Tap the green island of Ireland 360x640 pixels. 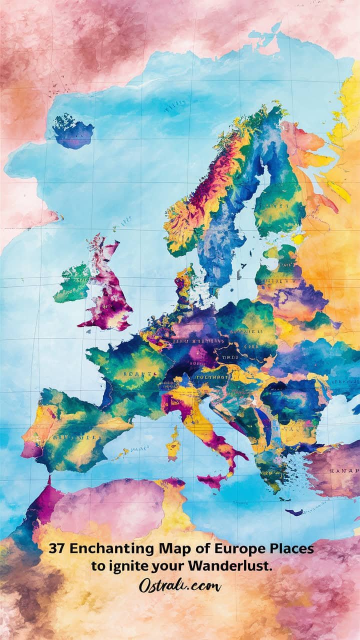coord(72,283)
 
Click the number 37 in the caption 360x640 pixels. coord(57,548)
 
